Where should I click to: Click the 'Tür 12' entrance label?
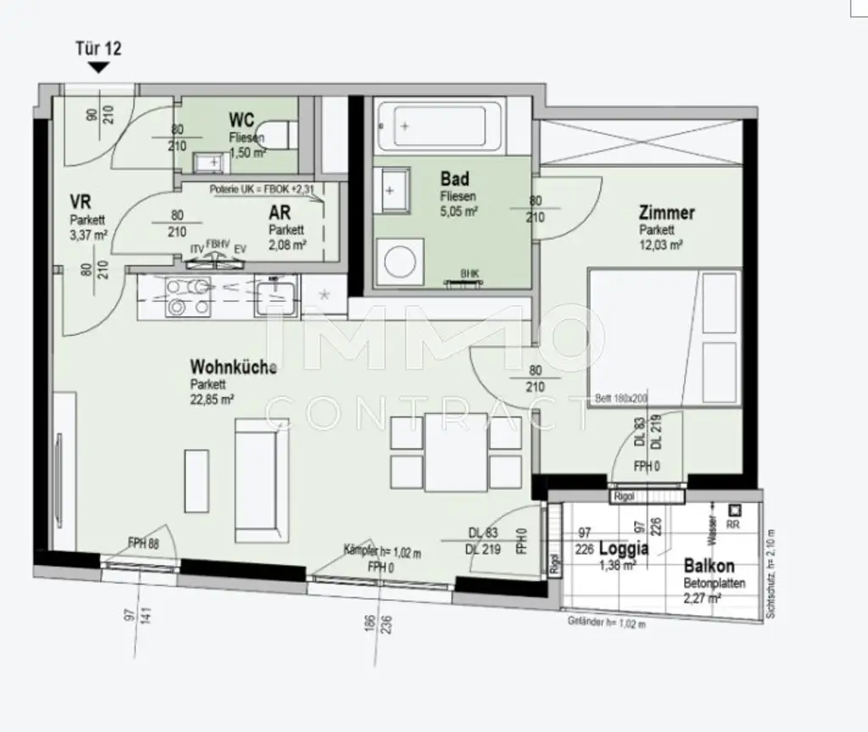tap(98, 48)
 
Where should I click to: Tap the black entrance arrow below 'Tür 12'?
tap(98, 67)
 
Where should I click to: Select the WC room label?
tap(242, 120)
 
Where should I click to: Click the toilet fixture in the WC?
tap(286, 135)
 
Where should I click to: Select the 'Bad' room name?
tap(455, 179)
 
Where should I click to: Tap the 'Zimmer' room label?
tap(667, 213)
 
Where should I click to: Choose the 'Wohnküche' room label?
tap(233, 367)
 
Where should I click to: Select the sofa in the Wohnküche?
tap(253, 481)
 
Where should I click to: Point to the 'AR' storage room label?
tap(280, 214)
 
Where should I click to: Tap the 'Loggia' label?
tap(623, 548)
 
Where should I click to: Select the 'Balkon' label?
tap(709, 566)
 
